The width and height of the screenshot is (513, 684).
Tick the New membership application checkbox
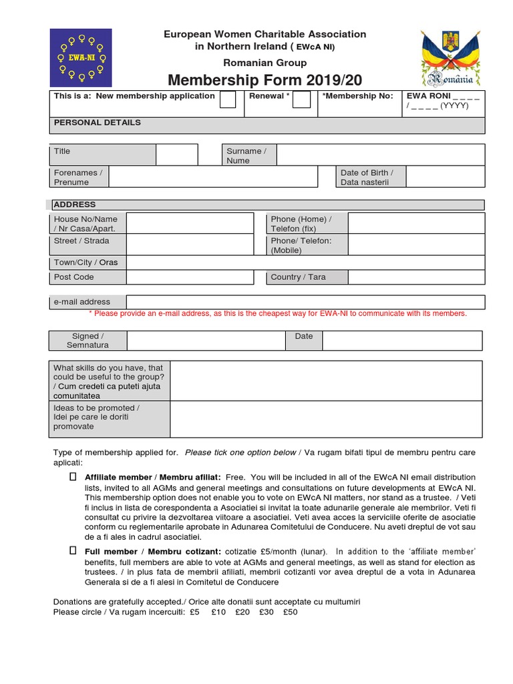click(x=228, y=100)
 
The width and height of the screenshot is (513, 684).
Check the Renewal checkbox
click(x=301, y=100)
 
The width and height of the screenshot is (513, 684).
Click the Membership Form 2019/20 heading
click(x=265, y=80)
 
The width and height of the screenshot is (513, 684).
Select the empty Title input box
click(x=177, y=155)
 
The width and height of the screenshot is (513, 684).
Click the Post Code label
click(x=74, y=277)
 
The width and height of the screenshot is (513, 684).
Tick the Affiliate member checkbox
click(x=73, y=478)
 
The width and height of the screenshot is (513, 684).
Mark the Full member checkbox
click(x=73, y=551)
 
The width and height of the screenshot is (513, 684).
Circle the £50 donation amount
click(x=290, y=611)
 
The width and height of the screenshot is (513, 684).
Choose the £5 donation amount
click(x=194, y=611)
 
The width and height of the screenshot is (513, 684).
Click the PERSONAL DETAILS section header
click(x=98, y=123)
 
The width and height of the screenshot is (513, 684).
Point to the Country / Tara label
click(x=298, y=277)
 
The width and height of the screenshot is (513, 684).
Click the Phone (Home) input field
click(x=415, y=224)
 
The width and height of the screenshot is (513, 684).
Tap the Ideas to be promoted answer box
click(x=326, y=419)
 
